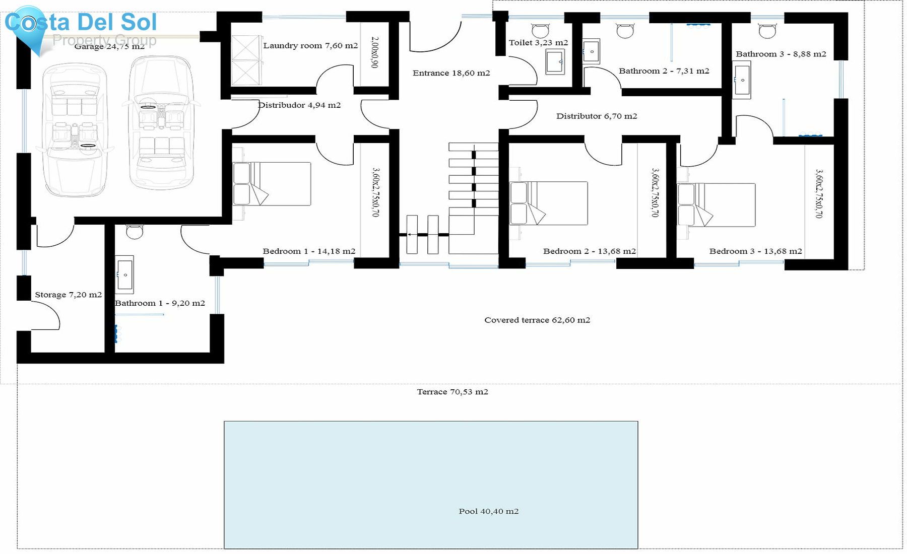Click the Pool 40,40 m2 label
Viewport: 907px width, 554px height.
coord(488,511)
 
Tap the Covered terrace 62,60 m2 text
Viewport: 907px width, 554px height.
coord(537,320)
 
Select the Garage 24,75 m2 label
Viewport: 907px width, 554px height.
coord(109,46)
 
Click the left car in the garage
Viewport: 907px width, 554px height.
coord(75,130)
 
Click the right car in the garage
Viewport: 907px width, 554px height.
coord(161,123)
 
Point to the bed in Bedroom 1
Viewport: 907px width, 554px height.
coord(272,183)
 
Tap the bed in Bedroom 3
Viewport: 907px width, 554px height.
coord(716,205)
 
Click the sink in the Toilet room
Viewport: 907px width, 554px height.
coord(555,61)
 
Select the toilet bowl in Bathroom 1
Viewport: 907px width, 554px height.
coord(135,232)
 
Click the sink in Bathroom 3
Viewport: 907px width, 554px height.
coord(742,80)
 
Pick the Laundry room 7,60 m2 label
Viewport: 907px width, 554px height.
coord(310,45)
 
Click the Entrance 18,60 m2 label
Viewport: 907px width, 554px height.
coord(451,73)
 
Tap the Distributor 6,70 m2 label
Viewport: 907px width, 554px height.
coord(597,116)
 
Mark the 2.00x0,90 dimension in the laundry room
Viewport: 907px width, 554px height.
coord(374,52)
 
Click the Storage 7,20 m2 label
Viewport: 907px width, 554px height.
coord(68,295)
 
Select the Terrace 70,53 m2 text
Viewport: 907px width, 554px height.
coord(452,392)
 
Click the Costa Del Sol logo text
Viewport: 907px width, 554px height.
coord(81,22)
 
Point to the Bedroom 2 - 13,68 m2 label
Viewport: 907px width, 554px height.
coord(589,251)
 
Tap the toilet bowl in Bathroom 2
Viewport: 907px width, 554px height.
coord(625,31)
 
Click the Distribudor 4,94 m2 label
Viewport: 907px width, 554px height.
coord(299,105)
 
